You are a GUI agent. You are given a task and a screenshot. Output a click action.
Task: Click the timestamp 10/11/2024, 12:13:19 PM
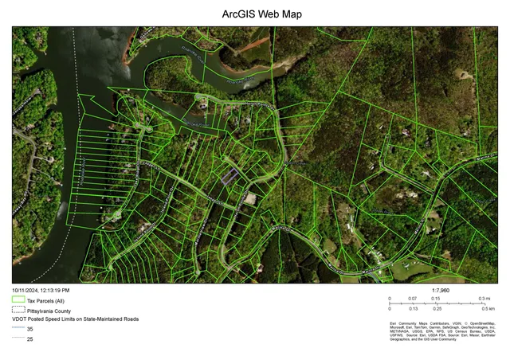click(41, 291)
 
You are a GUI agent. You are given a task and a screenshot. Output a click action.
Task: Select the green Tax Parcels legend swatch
click(18, 301)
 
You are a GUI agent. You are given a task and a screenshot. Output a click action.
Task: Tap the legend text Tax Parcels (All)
click(45, 301)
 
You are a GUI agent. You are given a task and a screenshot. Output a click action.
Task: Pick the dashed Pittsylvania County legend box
click(18, 311)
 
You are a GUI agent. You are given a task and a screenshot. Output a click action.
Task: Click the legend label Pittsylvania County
click(49, 311)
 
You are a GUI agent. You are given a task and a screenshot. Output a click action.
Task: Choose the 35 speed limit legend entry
click(29, 329)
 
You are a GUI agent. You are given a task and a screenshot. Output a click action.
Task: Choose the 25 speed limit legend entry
click(29, 338)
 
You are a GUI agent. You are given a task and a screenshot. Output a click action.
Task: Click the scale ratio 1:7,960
click(441, 291)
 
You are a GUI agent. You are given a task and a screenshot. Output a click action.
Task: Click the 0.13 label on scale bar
click(414, 308)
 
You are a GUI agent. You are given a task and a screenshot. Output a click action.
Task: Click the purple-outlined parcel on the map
click(230, 176)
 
